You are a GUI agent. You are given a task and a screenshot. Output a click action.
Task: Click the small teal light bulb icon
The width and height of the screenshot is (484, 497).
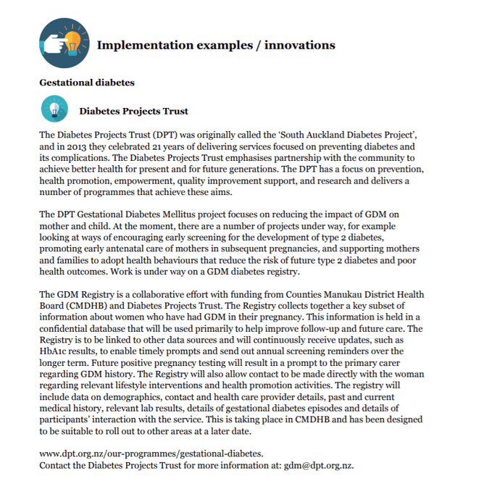click(x=55, y=109)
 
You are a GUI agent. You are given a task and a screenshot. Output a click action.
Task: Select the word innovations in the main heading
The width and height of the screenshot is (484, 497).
click(x=299, y=45)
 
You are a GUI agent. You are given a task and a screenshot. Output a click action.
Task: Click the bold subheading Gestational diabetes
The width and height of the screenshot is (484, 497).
click(x=87, y=83)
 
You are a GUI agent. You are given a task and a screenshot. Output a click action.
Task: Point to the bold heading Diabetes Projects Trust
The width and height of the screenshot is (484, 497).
click(x=133, y=112)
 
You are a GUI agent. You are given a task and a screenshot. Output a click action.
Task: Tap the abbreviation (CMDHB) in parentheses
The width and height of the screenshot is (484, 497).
click(x=86, y=306)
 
